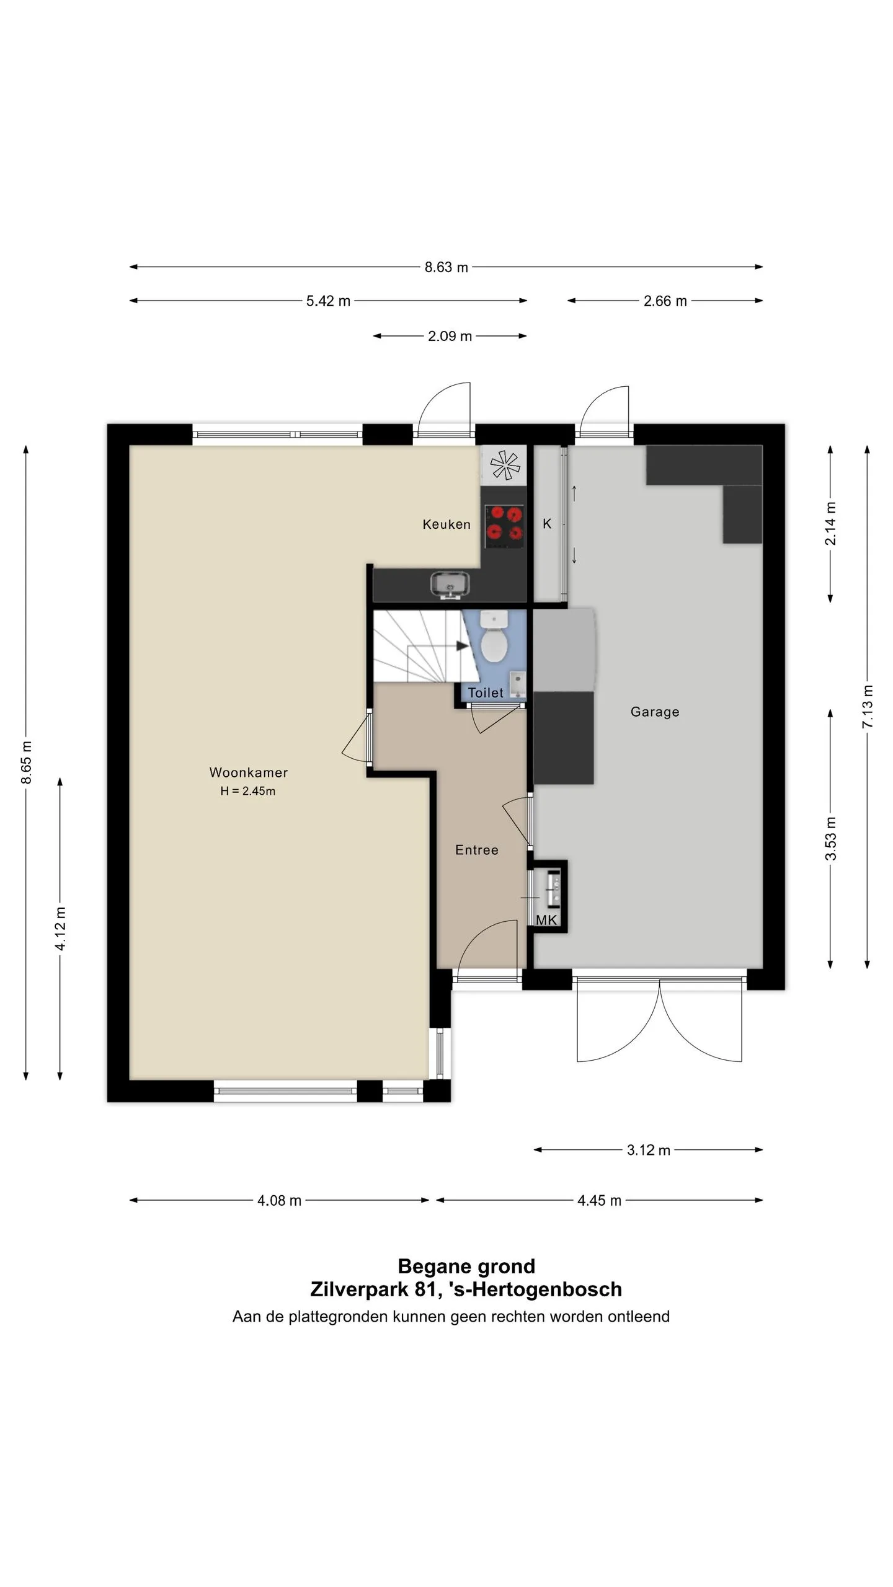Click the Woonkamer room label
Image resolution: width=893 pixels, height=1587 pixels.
click(x=248, y=772)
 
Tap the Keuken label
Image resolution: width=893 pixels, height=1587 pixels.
click(x=446, y=524)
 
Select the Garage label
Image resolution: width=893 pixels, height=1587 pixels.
click(x=655, y=712)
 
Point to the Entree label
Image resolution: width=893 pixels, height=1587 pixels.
click(x=476, y=850)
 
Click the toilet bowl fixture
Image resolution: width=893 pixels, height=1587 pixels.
click(x=494, y=638)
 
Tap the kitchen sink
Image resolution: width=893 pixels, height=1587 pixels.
click(x=450, y=585)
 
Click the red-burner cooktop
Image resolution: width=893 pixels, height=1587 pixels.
click(x=504, y=526)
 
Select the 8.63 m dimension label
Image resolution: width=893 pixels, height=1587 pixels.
click(x=446, y=267)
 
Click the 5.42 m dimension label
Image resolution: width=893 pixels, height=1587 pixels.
click(x=328, y=301)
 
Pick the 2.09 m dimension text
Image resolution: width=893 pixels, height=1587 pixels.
click(x=450, y=336)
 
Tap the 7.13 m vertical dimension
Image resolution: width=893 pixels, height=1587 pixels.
click(x=868, y=707)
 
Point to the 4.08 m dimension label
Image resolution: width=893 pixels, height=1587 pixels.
click(x=279, y=1201)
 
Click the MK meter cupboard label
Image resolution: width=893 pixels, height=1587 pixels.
click(x=546, y=920)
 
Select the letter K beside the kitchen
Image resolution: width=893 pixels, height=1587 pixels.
click(x=547, y=524)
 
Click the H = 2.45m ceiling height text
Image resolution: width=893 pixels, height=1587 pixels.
click(x=247, y=791)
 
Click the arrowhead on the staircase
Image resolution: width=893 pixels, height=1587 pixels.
click(x=463, y=646)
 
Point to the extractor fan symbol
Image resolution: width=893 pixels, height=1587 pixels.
click(x=504, y=465)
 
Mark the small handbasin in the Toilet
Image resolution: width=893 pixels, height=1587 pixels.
click(x=518, y=683)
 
